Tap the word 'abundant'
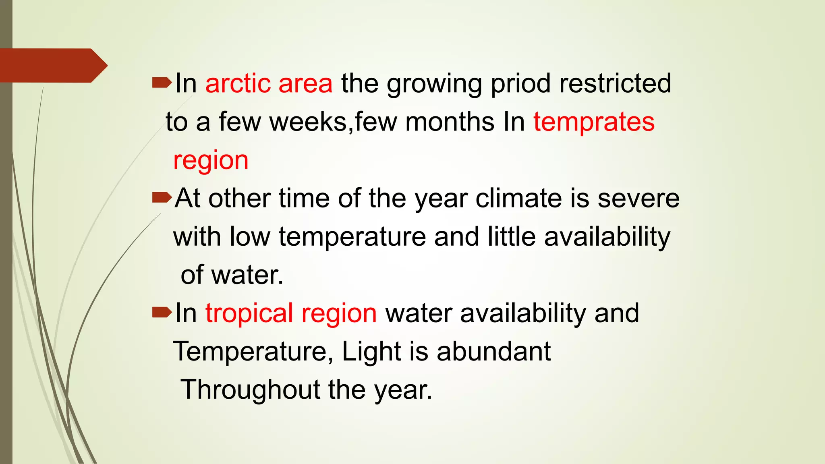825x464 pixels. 493,351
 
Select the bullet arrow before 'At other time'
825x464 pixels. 162,198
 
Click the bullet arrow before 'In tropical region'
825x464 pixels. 162,313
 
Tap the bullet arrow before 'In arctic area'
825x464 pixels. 162,83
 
